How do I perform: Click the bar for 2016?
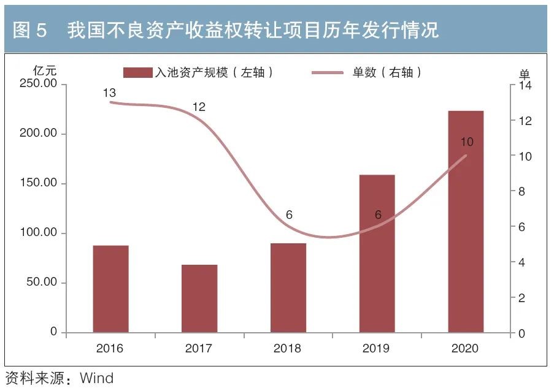[x=110, y=289]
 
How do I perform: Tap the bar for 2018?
[x=288, y=287]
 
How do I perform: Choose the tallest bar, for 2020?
[x=466, y=221]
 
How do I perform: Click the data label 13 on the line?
[x=110, y=93]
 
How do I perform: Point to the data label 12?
[x=199, y=107]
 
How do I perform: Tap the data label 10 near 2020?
[x=466, y=142]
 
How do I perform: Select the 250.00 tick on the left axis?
[x=39, y=84]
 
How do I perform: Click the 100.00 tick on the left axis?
[x=39, y=233]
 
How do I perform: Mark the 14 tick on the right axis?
[x=525, y=86]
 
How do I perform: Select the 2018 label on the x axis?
[x=288, y=349]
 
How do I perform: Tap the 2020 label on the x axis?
[x=465, y=349]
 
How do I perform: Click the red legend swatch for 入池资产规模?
[x=137, y=73]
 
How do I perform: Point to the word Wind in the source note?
[x=97, y=378]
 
